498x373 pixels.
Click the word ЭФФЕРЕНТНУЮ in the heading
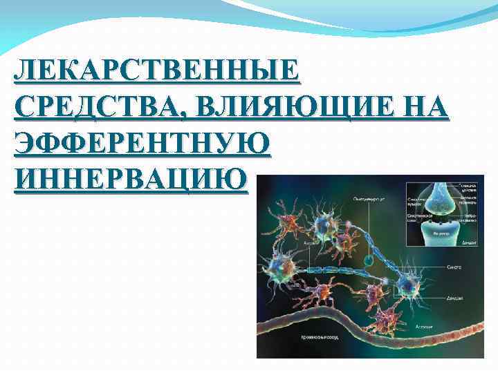[142, 144]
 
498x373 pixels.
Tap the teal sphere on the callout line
[369, 260]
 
